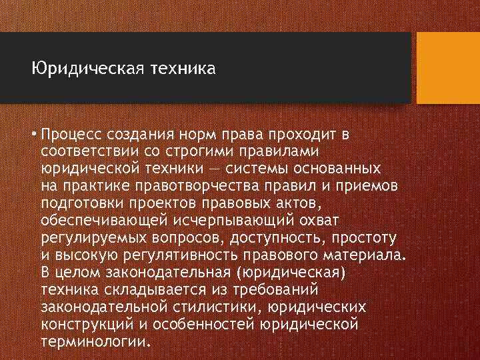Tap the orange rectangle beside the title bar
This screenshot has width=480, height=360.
[x=447, y=68]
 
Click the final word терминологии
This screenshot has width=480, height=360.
[x=97, y=341]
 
